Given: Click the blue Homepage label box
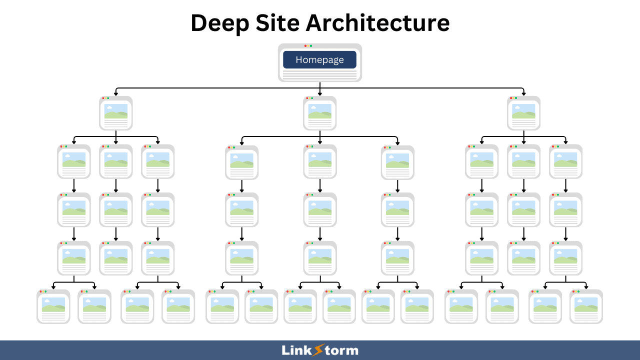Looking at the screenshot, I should coord(319,59).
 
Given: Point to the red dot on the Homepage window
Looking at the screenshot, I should coord(305,46).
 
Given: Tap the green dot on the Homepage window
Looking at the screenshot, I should coord(311,46).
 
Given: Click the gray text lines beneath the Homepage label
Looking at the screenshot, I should coord(319,74).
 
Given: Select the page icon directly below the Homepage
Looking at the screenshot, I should coord(319,113).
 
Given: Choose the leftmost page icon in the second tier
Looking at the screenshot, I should coord(115,113).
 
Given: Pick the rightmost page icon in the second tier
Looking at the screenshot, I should coord(523,113).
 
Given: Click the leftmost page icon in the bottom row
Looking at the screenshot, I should coord(53,306).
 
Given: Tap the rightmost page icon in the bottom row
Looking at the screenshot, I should coord(586,306).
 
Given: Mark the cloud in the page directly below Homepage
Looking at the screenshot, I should coord(313,107).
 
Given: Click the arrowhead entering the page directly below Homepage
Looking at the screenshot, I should coord(319,93).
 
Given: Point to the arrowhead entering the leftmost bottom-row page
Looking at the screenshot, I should coord(53,287).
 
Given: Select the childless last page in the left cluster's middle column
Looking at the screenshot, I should coord(115,258).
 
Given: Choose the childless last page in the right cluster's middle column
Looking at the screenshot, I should coord(523,258).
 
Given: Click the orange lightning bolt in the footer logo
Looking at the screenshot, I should coord(318,350).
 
